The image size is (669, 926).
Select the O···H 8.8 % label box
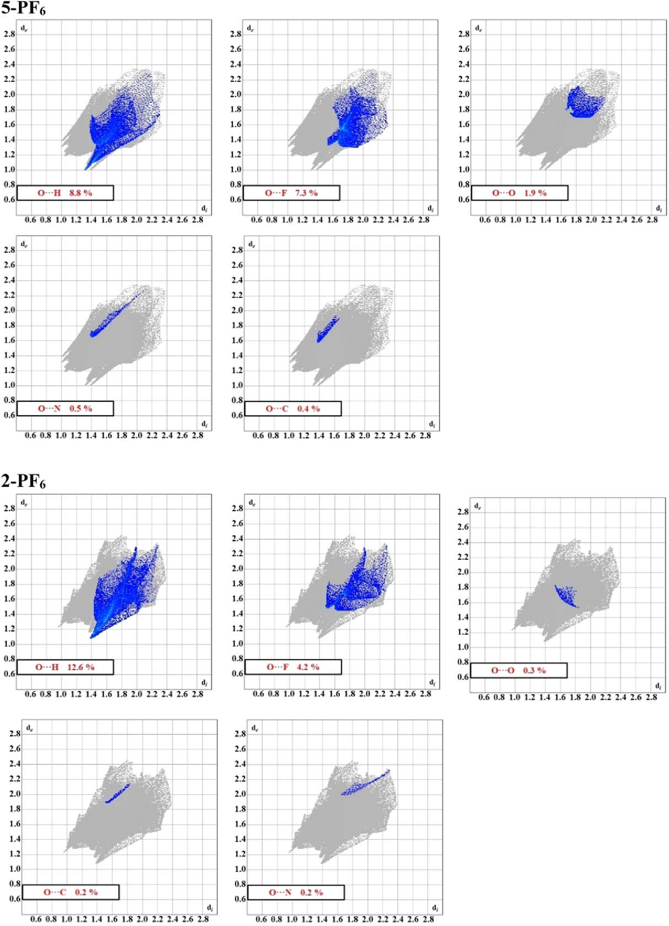(x=65, y=193)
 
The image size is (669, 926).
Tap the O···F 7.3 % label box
(x=291, y=193)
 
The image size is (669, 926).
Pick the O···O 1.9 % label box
(x=519, y=193)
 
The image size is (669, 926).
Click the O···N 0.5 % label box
(x=65, y=408)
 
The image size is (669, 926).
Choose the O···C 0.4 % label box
(x=293, y=409)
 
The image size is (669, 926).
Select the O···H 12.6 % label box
(x=65, y=667)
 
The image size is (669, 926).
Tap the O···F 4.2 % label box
(x=293, y=667)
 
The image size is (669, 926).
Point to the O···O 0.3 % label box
(x=519, y=670)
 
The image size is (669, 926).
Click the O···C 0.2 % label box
(x=71, y=892)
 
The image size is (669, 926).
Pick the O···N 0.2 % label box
(x=296, y=892)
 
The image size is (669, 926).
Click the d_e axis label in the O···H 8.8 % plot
(x=24, y=28)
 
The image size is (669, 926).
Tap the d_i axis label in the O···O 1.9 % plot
(x=658, y=208)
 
